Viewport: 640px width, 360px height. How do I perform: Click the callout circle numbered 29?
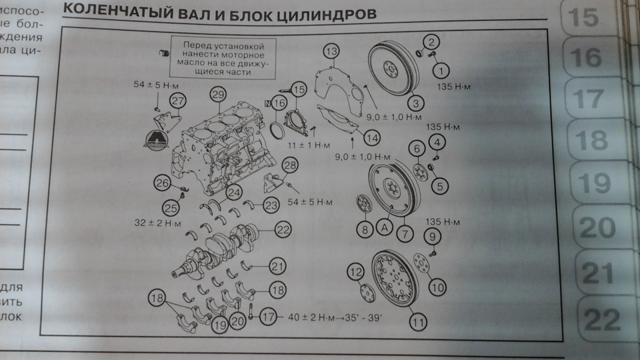pyautogui.click(x=216, y=95)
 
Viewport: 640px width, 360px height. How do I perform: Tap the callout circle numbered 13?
pyautogui.click(x=332, y=51)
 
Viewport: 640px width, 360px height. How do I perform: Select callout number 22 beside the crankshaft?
pyautogui.click(x=283, y=230)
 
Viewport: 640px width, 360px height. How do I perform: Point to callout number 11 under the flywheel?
pyautogui.click(x=418, y=323)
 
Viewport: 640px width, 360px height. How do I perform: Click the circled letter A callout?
pyautogui.click(x=384, y=227)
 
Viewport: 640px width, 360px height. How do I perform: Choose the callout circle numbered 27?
pyautogui.click(x=177, y=101)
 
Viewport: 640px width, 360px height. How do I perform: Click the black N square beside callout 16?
pyautogui.click(x=268, y=103)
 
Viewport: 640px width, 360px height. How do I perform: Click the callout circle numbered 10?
pyautogui.click(x=437, y=288)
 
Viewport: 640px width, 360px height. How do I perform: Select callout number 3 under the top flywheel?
pyautogui.click(x=417, y=103)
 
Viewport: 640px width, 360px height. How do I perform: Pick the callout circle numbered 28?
pyautogui.click(x=289, y=166)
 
